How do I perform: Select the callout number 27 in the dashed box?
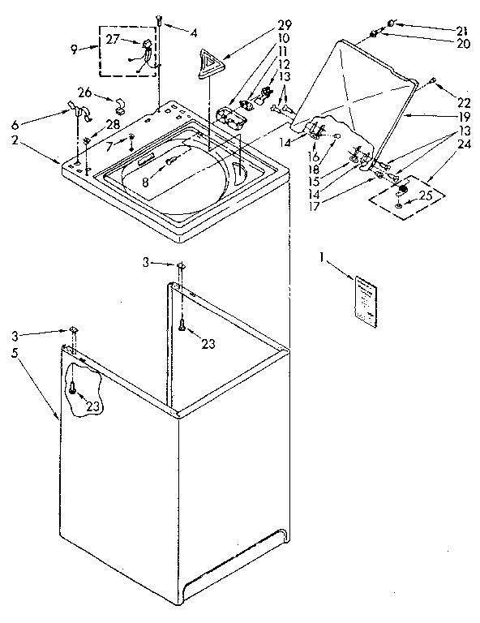(112, 38)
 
